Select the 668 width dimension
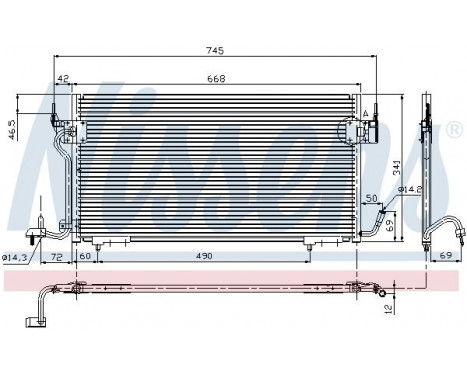pyautogui.click(x=215, y=79)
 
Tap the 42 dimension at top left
pyautogui.click(x=63, y=79)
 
